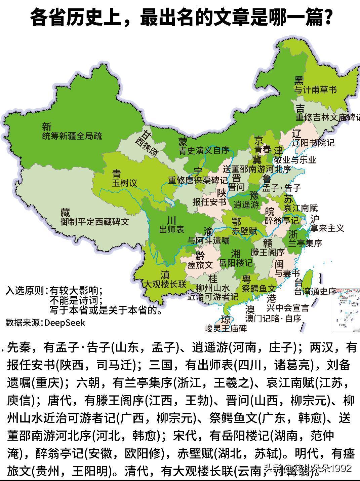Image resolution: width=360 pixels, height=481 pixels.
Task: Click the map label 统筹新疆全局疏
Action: pos(72,136)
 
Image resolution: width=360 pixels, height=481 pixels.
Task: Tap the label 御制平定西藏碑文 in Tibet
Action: pos(95,222)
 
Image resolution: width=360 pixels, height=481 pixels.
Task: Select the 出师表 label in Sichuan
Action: pos(171,230)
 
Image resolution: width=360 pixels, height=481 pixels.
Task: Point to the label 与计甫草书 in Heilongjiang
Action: pos(316,90)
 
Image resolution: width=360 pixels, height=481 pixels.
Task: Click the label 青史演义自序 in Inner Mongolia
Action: pos(204,150)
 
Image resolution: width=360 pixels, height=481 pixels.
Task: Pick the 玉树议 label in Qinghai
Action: pos(125,183)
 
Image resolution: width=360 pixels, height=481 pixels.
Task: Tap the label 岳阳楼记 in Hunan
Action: pos(235,263)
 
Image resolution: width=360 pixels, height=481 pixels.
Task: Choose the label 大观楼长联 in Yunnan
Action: pos(165,284)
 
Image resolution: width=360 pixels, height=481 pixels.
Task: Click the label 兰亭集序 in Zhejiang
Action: pos(305,243)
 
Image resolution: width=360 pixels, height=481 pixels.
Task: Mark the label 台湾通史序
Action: pos(315,291)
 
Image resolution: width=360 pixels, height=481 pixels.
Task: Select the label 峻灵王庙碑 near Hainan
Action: pos(226,328)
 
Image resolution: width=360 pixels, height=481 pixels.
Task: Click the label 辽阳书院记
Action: pos(313,143)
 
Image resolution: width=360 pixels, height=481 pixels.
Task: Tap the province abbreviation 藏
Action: pos(65,213)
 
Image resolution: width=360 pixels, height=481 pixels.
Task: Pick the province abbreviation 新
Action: pos(47,127)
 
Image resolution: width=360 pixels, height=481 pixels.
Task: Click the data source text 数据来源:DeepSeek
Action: pos(45,323)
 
